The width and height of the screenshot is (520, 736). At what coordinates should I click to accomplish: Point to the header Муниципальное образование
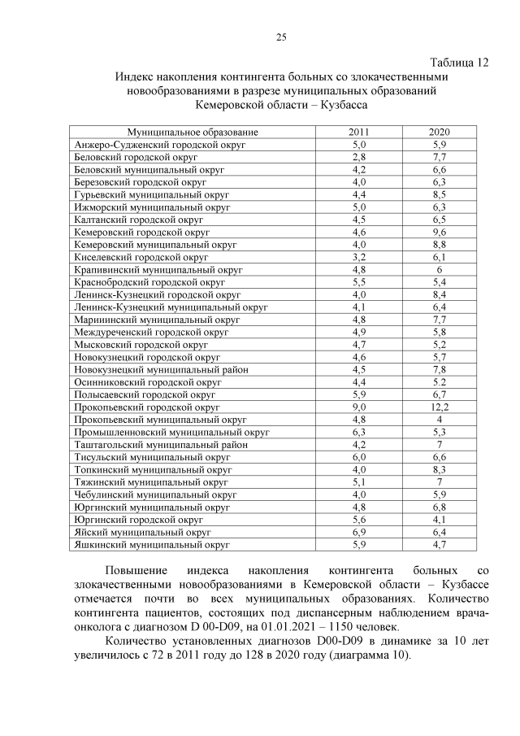(x=193, y=132)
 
